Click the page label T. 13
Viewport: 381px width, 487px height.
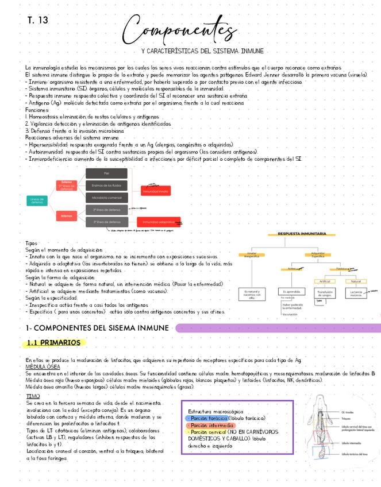pyautogui.click(x=38, y=21)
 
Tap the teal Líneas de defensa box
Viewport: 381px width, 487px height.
pyautogui.click(x=36, y=200)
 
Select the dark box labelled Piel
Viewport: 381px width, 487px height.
pyautogui.click(x=106, y=173)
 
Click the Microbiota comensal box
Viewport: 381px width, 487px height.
pyautogui.click(x=106, y=198)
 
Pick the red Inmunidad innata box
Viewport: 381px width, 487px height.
pyautogui.click(x=155, y=190)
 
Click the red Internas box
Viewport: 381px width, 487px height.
pyautogui.click(x=67, y=216)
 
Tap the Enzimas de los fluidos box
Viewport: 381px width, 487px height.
pyautogui.click(x=106, y=185)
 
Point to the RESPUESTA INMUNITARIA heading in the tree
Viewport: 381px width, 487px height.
pyautogui.click(x=302, y=234)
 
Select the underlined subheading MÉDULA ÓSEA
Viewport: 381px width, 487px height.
pyautogui.click(x=43, y=366)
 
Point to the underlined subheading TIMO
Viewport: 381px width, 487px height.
pyautogui.click(x=33, y=396)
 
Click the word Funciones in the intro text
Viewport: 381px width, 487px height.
pyautogui.click(x=37, y=110)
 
